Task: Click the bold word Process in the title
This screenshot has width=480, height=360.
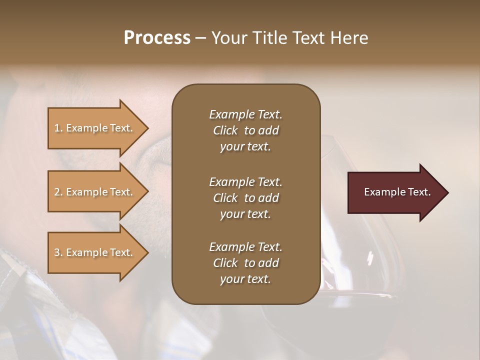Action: [157, 38]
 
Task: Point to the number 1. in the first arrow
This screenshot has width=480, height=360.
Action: [58, 128]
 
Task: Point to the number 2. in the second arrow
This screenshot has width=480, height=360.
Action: [58, 192]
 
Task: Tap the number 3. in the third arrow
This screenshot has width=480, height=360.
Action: [58, 252]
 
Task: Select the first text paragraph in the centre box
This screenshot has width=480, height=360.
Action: [245, 130]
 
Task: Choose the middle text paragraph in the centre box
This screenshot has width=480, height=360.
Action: [245, 197]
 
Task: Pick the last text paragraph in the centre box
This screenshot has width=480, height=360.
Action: [245, 263]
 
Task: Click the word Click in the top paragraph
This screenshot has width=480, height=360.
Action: [225, 130]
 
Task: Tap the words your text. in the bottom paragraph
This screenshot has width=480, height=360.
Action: [245, 279]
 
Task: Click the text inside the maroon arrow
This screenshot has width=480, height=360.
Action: [397, 192]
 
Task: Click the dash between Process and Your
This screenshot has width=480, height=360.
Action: [201, 38]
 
